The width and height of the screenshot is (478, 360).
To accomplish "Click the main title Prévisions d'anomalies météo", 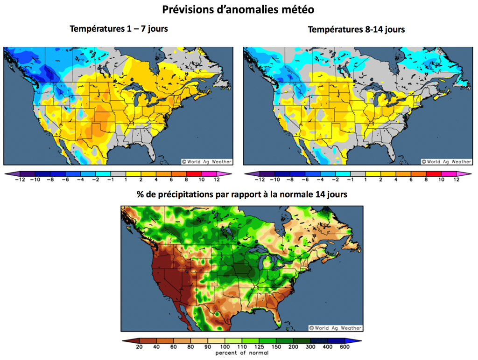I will click(x=238, y=9).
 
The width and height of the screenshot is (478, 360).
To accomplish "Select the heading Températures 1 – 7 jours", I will click(x=119, y=29).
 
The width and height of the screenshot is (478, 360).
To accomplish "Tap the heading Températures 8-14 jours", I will click(x=356, y=29).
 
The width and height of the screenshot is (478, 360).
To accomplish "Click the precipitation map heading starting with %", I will click(x=242, y=195).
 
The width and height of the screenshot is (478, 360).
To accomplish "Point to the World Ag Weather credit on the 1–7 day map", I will click(x=206, y=161).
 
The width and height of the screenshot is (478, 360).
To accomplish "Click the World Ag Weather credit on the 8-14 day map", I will click(x=446, y=161).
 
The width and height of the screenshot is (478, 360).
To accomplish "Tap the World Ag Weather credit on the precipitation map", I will click(x=335, y=328).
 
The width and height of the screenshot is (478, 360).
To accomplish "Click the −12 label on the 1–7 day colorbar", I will click(x=20, y=180).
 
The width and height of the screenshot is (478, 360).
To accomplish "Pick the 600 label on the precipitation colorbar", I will click(x=344, y=346).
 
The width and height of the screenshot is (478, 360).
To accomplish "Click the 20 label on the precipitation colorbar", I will click(x=138, y=346).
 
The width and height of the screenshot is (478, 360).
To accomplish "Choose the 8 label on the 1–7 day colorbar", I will click(x=186, y=180).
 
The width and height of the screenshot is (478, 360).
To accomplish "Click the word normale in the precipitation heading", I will click(x=301, y=195).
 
